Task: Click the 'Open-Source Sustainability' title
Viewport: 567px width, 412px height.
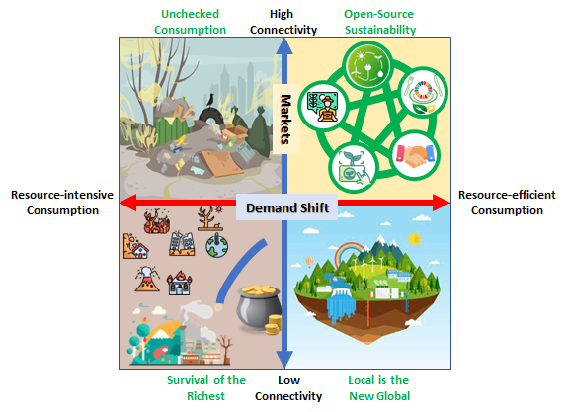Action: [379, 22]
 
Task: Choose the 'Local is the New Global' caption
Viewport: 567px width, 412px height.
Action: [378, 387]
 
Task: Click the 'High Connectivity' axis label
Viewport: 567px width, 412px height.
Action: [283, 22]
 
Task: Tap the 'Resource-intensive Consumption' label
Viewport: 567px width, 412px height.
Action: [55, 202]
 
